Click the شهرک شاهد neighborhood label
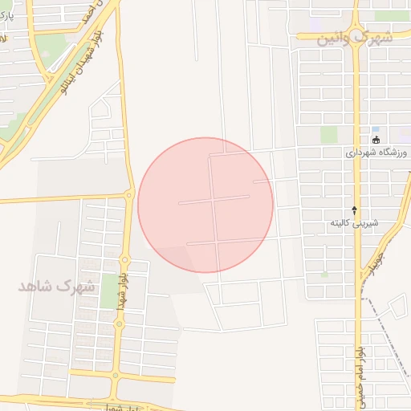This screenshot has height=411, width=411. (57, 286)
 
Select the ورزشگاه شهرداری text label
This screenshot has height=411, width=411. (376, 152)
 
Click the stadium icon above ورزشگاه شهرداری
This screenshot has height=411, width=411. (375, 140)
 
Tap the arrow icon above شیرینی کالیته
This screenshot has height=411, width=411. (354, 209)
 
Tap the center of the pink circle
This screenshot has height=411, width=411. (205, 205)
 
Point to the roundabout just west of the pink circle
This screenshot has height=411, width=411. (128, 194)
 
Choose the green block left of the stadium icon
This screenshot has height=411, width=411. (330, 135)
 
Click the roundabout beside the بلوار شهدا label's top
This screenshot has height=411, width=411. (124, 259)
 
